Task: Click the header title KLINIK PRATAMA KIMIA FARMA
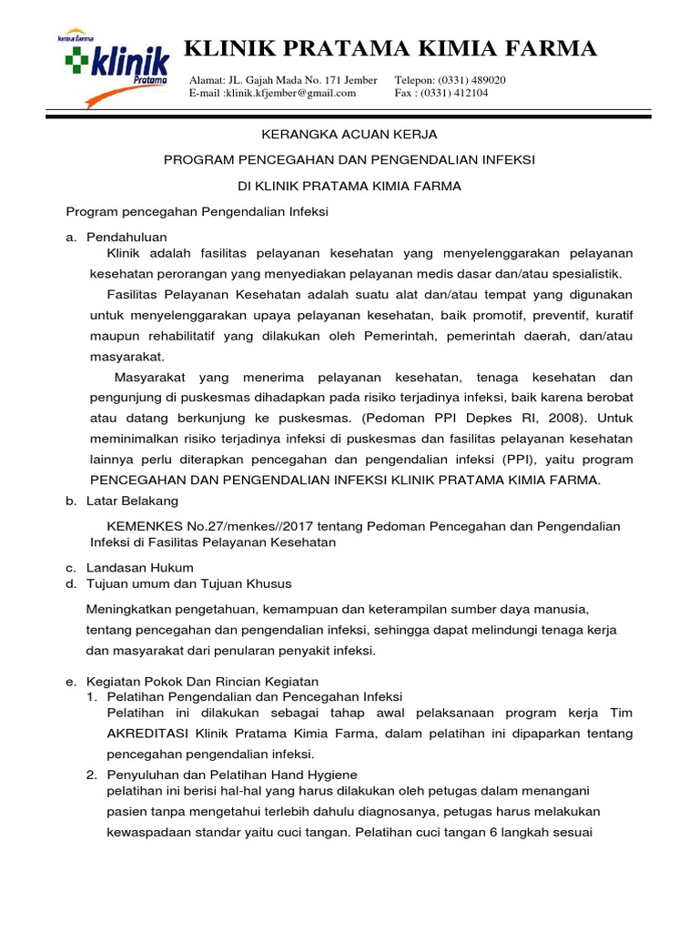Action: coord(390,49)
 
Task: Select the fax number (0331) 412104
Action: coord(472,93)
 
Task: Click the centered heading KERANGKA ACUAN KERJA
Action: coord(349,134)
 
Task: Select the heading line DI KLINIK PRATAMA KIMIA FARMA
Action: coord(349,186)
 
